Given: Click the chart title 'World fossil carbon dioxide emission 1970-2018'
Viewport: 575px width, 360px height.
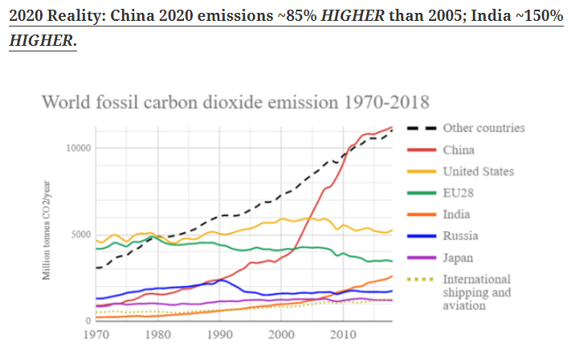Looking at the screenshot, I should (x=234, y=102).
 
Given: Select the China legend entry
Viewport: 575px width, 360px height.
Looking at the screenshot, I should (x=459, y=149).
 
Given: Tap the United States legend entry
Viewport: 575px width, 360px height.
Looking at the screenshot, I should (x=479, y=171).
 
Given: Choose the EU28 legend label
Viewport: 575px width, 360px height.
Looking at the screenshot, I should (x=459, y=193).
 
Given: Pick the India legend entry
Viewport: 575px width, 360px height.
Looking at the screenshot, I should (x=457, y=215).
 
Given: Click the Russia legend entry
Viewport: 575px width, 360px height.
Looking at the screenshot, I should (x=460, y=236).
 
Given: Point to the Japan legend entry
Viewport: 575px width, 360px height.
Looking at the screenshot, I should (x=459, y=258).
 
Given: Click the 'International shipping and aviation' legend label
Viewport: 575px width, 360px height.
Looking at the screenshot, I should (x=476, y=292).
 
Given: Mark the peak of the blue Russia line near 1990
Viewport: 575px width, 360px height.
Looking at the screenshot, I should (x=220, y=280).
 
